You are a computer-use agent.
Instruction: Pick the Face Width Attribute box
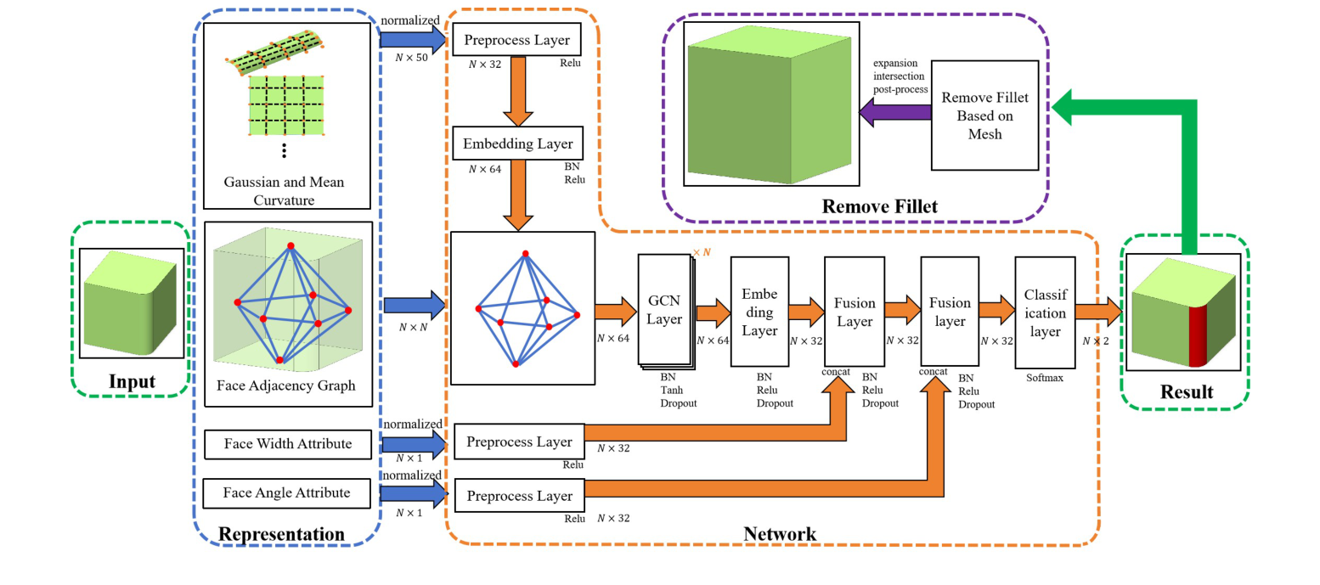[288, 443]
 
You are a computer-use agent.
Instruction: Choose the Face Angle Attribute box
[288, 493]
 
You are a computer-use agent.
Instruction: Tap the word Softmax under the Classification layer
[1044, 379]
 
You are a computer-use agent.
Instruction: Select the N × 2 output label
[1096, 341]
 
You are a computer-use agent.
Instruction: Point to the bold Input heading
[132, 382]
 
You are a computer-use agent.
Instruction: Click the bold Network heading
[780, 533]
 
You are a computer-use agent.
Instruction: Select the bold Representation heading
[281, 533]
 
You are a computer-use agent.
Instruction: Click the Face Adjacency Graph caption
[288, 385]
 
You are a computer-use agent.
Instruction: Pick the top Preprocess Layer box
[518, 39]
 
